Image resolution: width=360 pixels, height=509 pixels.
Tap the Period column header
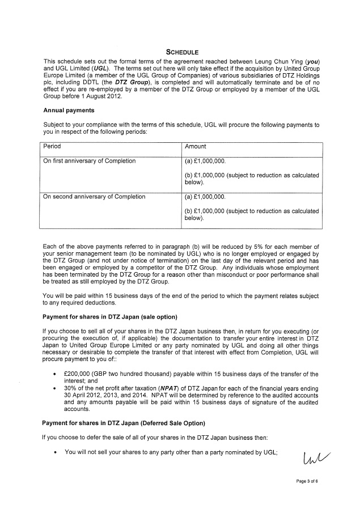pos(52,146)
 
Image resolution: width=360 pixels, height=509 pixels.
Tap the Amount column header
pos(196,146)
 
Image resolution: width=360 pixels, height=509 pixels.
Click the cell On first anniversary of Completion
pos(90,161)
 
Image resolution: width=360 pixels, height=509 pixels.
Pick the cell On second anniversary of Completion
pos(94,197)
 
